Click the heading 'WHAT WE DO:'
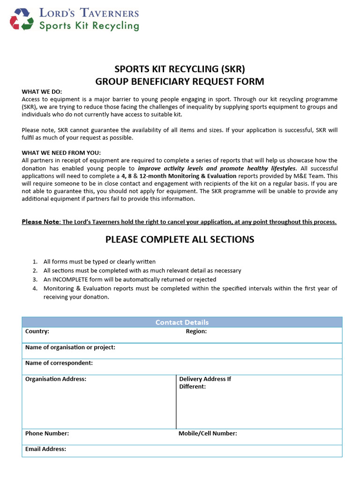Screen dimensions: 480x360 click(x=42, y=91)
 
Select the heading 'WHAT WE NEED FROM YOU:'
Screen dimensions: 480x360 click(x=61, y=152)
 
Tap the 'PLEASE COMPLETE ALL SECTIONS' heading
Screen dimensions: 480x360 click(x=180, y=240)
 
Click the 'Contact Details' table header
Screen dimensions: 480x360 click(x=182, y=322)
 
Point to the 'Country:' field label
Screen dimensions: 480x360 click(x=37, y=331)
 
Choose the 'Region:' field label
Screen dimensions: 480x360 click(x=196, y=331)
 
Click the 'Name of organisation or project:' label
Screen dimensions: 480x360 click(x=70, y=347)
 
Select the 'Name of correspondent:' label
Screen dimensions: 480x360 click(x=59, y=363)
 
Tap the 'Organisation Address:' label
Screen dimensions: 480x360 click(x=56, y=379)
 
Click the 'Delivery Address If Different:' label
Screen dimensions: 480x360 click(x=205, y=382)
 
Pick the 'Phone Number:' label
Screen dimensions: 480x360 click(x=47, y=434)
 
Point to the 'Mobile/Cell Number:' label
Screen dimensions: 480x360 click(x=208, y=434)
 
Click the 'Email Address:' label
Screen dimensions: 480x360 click(x=45, y=449)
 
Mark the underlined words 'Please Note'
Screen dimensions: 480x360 click(x=40, y=222)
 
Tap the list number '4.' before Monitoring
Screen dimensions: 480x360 click(x=35, y=288)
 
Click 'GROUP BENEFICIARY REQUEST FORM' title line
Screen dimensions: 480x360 click(x=180, y=82)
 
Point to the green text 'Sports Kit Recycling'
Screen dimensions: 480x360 click(x=89, y=25)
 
